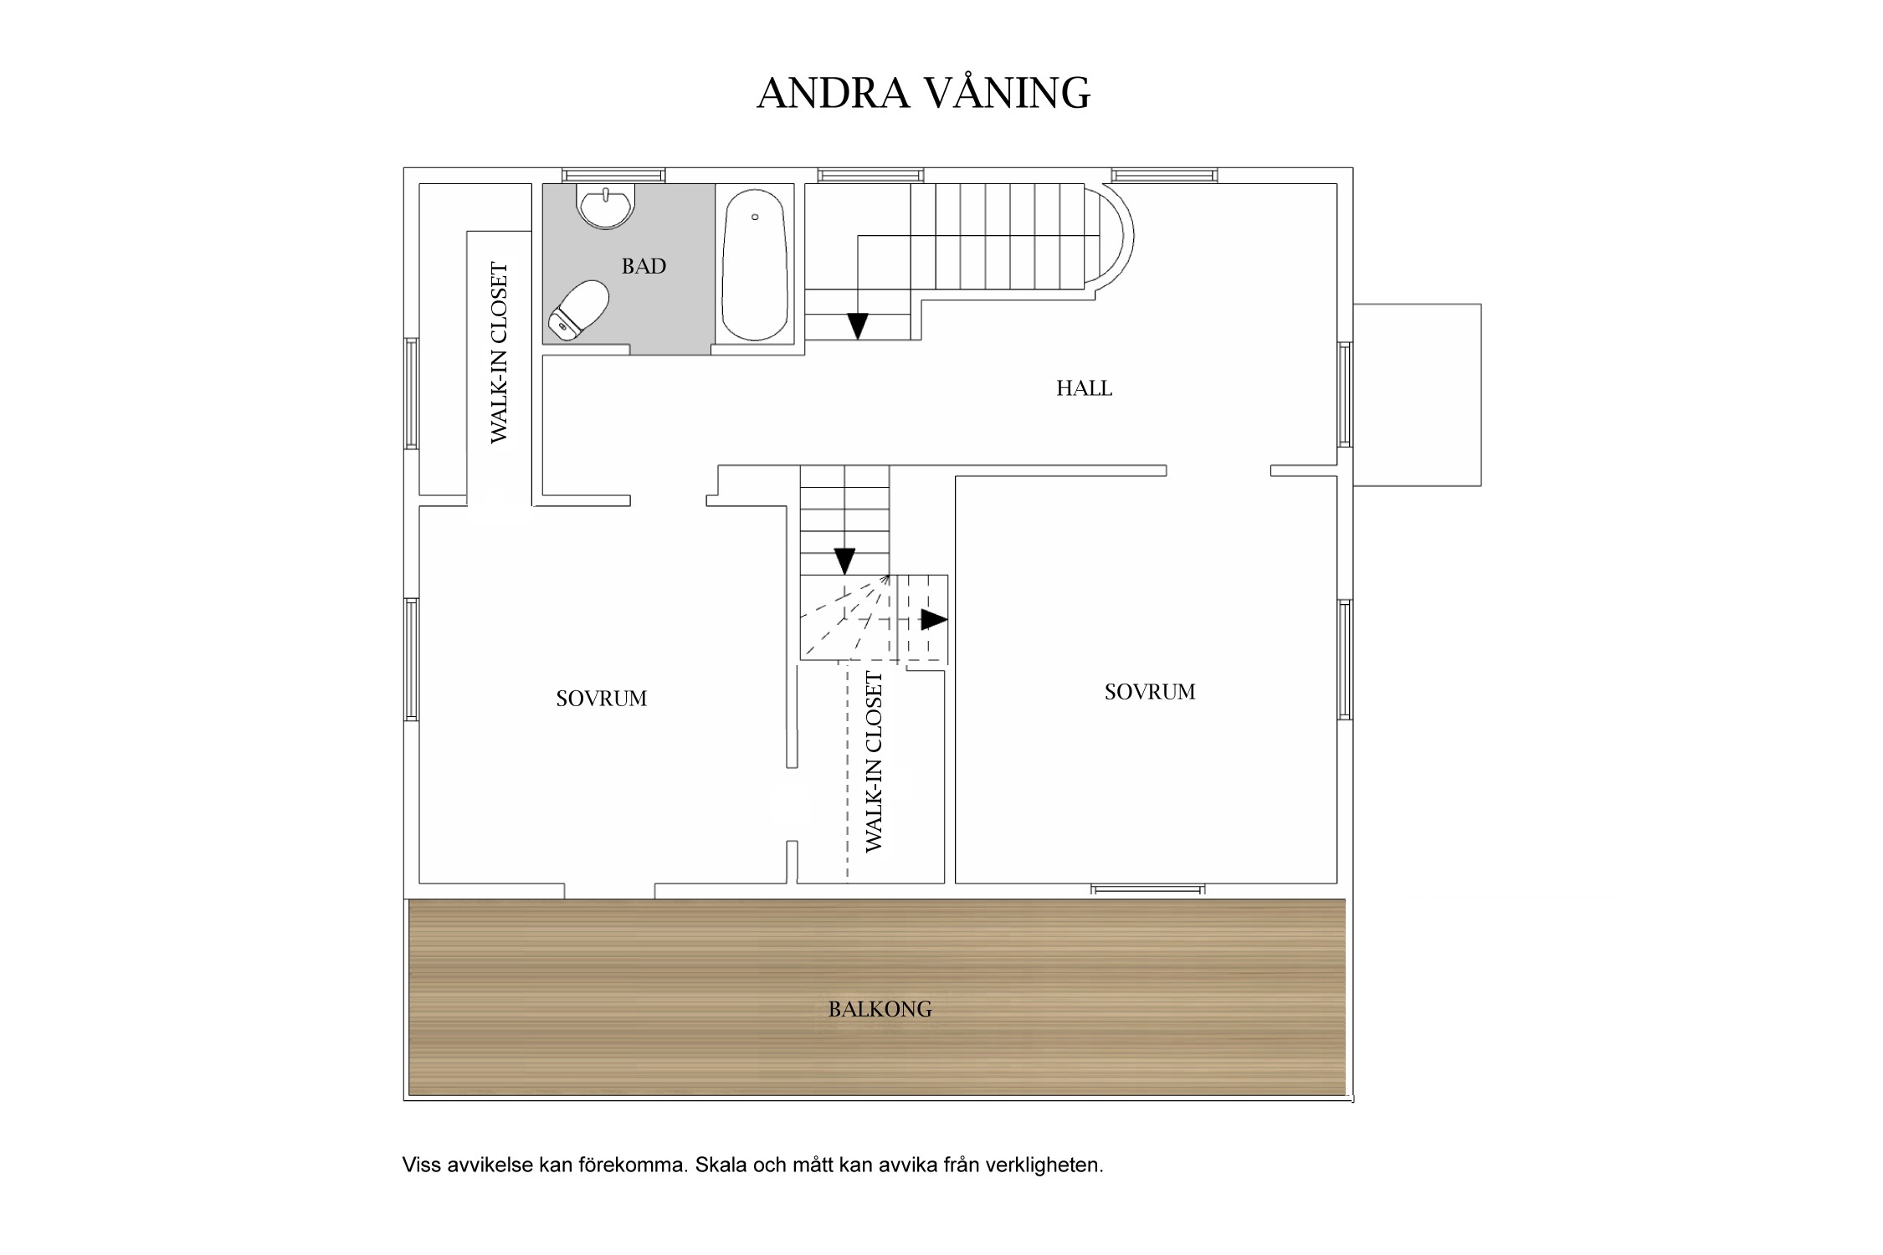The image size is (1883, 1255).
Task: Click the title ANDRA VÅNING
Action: tap(923, 93)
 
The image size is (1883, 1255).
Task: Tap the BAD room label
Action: tap(644, 267)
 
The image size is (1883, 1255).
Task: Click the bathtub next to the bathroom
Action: tap(755, 264)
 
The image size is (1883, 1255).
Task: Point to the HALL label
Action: tap(1084, 388)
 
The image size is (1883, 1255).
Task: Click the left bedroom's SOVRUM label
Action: tap(601, 699)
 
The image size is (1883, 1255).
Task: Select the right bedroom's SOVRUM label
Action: tap(1149, 692)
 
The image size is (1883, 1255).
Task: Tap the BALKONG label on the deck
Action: tap(880, 1009)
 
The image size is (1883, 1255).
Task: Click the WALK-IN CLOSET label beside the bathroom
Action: tap(499, 352)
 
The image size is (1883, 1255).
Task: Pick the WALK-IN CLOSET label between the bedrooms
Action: tap(873, 762)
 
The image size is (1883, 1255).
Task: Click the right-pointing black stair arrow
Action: tap(933, 620)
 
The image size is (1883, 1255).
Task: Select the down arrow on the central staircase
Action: tap(844, 560)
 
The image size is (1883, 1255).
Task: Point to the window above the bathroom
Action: tap(613, 176)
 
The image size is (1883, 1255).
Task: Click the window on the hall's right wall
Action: tap(1344, 394)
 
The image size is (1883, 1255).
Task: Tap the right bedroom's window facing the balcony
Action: tap(1147, 889)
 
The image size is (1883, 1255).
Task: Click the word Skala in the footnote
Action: tap(721, 1165)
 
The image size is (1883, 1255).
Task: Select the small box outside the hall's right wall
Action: tap(1417, 395)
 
